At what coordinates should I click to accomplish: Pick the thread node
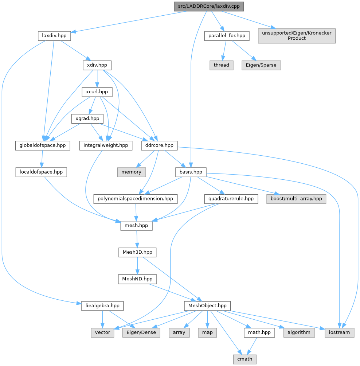tap(221, 65)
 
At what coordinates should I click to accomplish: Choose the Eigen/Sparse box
tap(261, 65)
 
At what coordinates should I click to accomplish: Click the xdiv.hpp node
tap(97, 65)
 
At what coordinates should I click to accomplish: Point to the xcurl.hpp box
tap(97, 92)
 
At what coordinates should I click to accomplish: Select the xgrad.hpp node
tap(87, 118)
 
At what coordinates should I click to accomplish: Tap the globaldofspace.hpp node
tap(43, 145)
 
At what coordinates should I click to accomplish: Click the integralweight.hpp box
tap(106, 145)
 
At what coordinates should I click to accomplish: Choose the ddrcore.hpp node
tap(159, 145)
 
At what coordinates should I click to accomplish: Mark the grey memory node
tap(131, 172)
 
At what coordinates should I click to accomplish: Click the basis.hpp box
tap(191, 172)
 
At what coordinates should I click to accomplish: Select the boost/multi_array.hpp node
tap(296, 199)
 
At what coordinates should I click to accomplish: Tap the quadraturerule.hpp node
tap(231, 199)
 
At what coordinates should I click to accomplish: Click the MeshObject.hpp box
tap(207, 305)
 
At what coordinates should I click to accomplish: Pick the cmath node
tap(244, 359)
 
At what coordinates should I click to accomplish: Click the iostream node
tap(339, 332)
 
